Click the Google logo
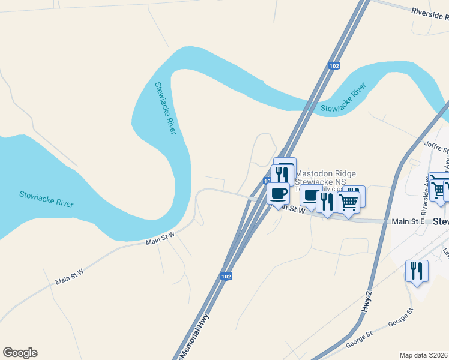[x=20, y=353]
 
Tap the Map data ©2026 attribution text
[x=424, y=355]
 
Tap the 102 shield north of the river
[x=334, y=65]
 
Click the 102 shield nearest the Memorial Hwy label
[x=226, y=277]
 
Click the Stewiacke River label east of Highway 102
[x=343, y=99]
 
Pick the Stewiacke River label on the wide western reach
[x=46, y=199]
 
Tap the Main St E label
[x=408, y=221]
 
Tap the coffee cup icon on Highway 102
[x=278, y=194]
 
